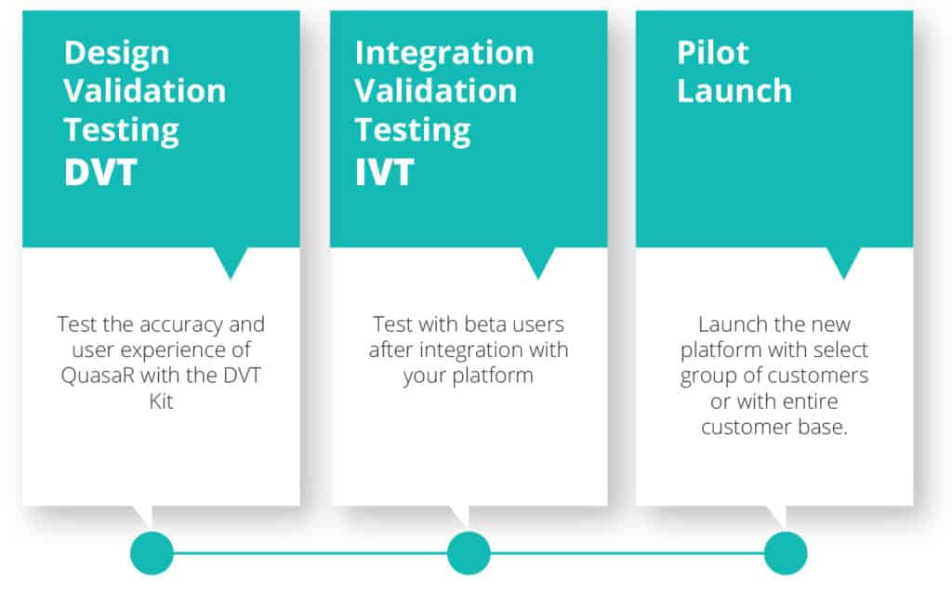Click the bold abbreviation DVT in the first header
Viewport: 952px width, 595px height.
click(x=100, y=172)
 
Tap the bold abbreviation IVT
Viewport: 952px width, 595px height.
click(x=384, y=172)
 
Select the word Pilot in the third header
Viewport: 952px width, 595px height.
click(x=713, y=53)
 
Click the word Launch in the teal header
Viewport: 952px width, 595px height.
click(x=734, y=91)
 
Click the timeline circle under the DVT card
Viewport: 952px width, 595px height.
click(x=152, y=553)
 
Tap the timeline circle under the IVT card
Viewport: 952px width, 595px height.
click(x=469, y=553)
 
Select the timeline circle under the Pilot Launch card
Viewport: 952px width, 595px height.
click(x=786, y=553)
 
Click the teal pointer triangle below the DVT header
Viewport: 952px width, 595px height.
click(x=231, y=259)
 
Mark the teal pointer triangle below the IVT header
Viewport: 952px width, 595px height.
click(x=538, y=259)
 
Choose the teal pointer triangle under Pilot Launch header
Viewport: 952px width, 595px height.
click(x=844, y=259)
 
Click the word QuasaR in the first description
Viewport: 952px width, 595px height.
click(x=98, y=376)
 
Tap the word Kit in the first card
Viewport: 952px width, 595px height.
click(x=162, y=402)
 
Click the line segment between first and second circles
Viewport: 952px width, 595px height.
click(x=311, y=553)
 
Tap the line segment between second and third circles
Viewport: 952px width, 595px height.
click(x=628, y=553)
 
